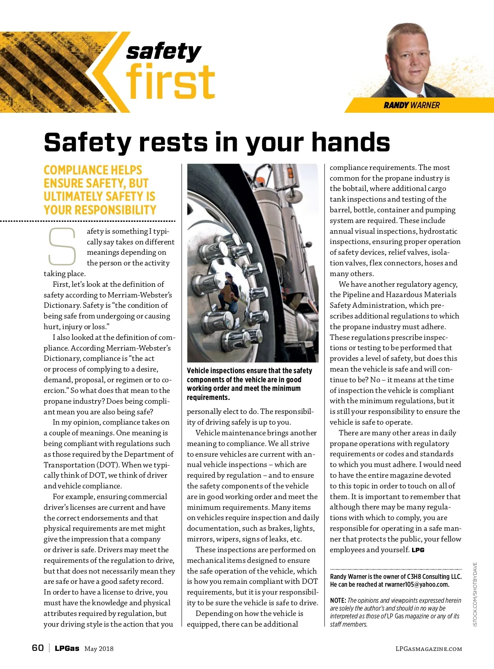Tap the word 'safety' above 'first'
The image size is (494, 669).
(x=163, y=51)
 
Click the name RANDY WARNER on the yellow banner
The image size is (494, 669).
(x=411, y=105)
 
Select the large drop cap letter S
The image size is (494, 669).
(x=62, y=246)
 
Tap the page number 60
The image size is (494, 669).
(x=38, y=648)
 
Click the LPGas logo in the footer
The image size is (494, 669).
(x=67, y=648)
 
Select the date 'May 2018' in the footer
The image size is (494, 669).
(x=99, y=649)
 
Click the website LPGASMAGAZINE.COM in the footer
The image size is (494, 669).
(x=429, y=649)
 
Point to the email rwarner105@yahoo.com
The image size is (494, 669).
(x=417, y=585)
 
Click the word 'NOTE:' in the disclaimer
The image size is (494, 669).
(x=338, y=601)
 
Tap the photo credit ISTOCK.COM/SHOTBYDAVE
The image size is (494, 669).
(x=475, y=595)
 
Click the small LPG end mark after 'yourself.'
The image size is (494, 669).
(x=418, y=550)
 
